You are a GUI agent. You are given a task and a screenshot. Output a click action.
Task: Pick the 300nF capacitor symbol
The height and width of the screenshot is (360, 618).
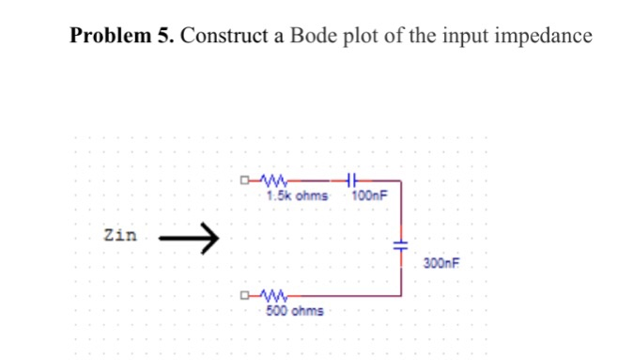tap(401, 243)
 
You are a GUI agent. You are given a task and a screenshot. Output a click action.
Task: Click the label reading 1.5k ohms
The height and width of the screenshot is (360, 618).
tap(297, 196)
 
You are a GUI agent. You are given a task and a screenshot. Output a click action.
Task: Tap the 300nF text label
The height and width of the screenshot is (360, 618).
tap(440, 264)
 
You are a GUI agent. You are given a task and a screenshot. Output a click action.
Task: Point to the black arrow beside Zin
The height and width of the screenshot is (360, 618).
tap(188, 239)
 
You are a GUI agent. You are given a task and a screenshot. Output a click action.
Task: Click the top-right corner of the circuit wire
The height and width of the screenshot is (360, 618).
tap(402, 180)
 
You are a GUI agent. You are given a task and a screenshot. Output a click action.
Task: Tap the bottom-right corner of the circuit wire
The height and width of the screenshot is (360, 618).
tap(402, 296)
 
